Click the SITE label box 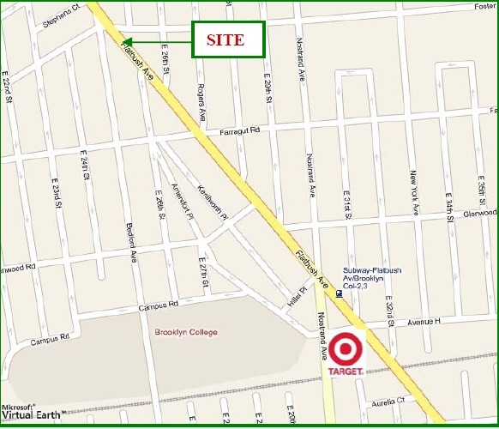(227, 39)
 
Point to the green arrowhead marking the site (127, 40)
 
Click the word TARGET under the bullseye (346, 372)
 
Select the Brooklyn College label (186, 333)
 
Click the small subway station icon (340, 293)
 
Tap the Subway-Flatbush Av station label (372, 275)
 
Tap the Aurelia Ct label (388, 401)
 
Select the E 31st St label (347, 205)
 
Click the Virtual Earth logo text (31, 415)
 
